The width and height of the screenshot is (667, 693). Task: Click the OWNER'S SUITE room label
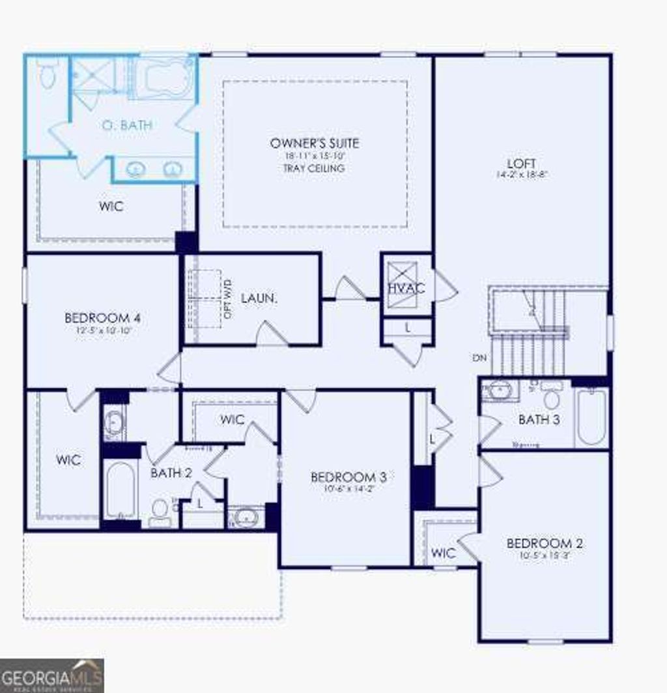(x=315, y=143)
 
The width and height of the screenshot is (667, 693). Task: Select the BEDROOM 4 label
(x=103, y=318)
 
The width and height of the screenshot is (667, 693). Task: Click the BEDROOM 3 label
(x=343, y=477)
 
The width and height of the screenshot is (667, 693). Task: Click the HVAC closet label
(x=406, y=288)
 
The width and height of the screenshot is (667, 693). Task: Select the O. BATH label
(x=127, y=125)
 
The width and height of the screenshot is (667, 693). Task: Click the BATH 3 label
(x=539, y=420)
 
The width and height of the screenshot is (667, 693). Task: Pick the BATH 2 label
(x=171, y=473)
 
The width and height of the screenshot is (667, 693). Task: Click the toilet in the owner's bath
(x=47, y=74)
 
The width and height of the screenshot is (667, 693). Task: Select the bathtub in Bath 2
(x=120, y=490)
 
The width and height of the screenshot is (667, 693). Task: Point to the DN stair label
(x=479, y=357)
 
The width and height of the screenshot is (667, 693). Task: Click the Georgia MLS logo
(x=51, y=675)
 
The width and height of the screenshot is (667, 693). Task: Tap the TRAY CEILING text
(x=314, y=168)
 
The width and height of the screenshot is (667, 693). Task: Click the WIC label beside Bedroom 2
(x=444, y=553)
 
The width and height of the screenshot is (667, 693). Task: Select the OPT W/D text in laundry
(x=228, y=304)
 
